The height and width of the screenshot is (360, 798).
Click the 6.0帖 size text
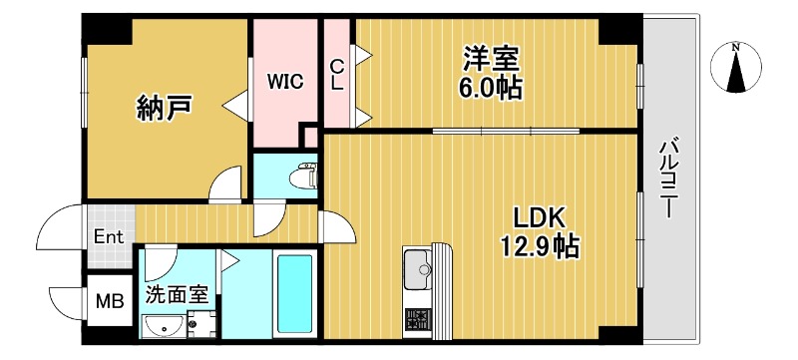pyautogui.click(x=490, y=87)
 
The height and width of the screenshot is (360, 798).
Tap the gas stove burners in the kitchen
pyautogui.click(x=417, y=320)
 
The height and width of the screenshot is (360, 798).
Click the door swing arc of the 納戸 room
pyautogui.click(x=226, y=183)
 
